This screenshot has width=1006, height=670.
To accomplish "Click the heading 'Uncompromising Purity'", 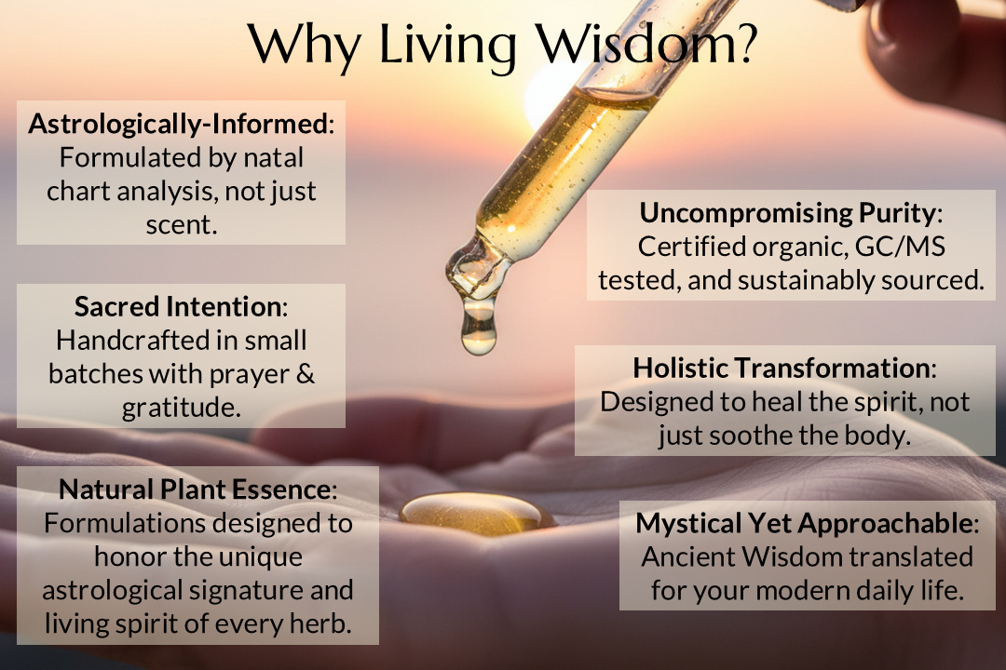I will pyautogui.click(x=787, y=213).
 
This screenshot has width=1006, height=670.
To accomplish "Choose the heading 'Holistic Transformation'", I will pyautogui.click(x=782, y=368).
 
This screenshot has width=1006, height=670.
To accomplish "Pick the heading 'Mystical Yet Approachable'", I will pyautogui.click(x=806, y=524).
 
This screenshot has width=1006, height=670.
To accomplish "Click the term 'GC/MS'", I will pyautogui.click(x=906, y=247).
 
